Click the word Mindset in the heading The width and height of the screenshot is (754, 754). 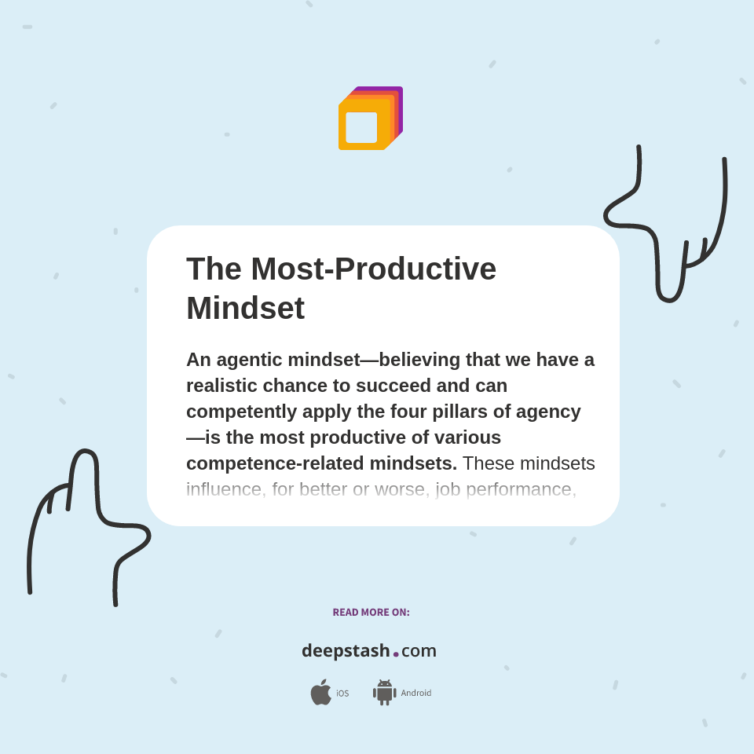tap(245, 308)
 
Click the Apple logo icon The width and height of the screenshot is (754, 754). tap(320, 692)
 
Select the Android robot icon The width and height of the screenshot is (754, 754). tap(385, 692)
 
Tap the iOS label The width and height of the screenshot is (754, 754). tap(342, 694)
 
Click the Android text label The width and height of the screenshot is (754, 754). tap(415, 693)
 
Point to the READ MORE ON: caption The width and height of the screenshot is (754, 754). tap(371, 612)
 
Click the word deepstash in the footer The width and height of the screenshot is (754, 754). tap(346, 651)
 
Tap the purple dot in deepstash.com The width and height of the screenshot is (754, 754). tap(396, 653)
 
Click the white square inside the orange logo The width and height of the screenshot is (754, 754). tap(361, 127)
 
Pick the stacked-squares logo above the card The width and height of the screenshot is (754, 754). tap(370, 118)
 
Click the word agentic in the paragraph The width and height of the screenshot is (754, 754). tap(249, 360)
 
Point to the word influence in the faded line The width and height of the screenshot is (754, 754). tap(224, 489)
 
